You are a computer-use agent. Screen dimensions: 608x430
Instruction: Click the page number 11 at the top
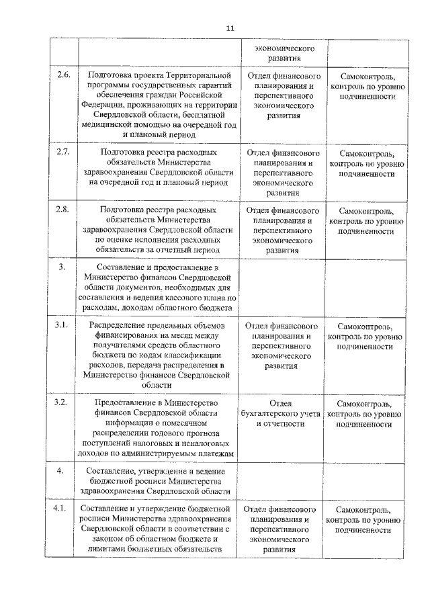tap(229, 28)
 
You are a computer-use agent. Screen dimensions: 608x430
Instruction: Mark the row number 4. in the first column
tap(60, 470)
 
